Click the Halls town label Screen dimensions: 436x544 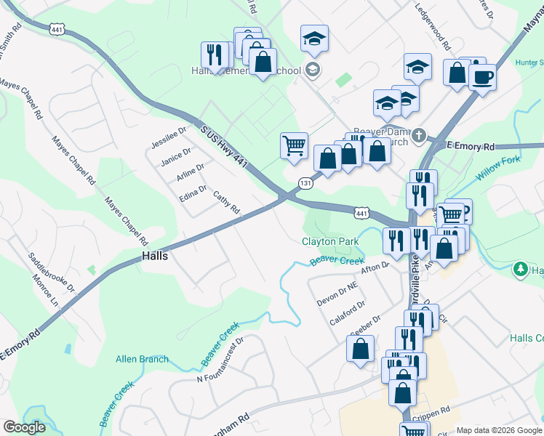point(155,256)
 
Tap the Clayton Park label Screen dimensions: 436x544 point(331,241)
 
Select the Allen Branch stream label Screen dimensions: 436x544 point(142,359)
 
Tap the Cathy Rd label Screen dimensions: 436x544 point(226,203)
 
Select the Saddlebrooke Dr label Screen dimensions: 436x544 point(52,272)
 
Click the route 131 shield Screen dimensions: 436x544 point(305,182)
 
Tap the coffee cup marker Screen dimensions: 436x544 point(482,76)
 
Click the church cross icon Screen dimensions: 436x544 point(418,135)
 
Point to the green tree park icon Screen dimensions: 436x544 point(520,270)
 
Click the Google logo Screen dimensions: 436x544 point(25,427)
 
